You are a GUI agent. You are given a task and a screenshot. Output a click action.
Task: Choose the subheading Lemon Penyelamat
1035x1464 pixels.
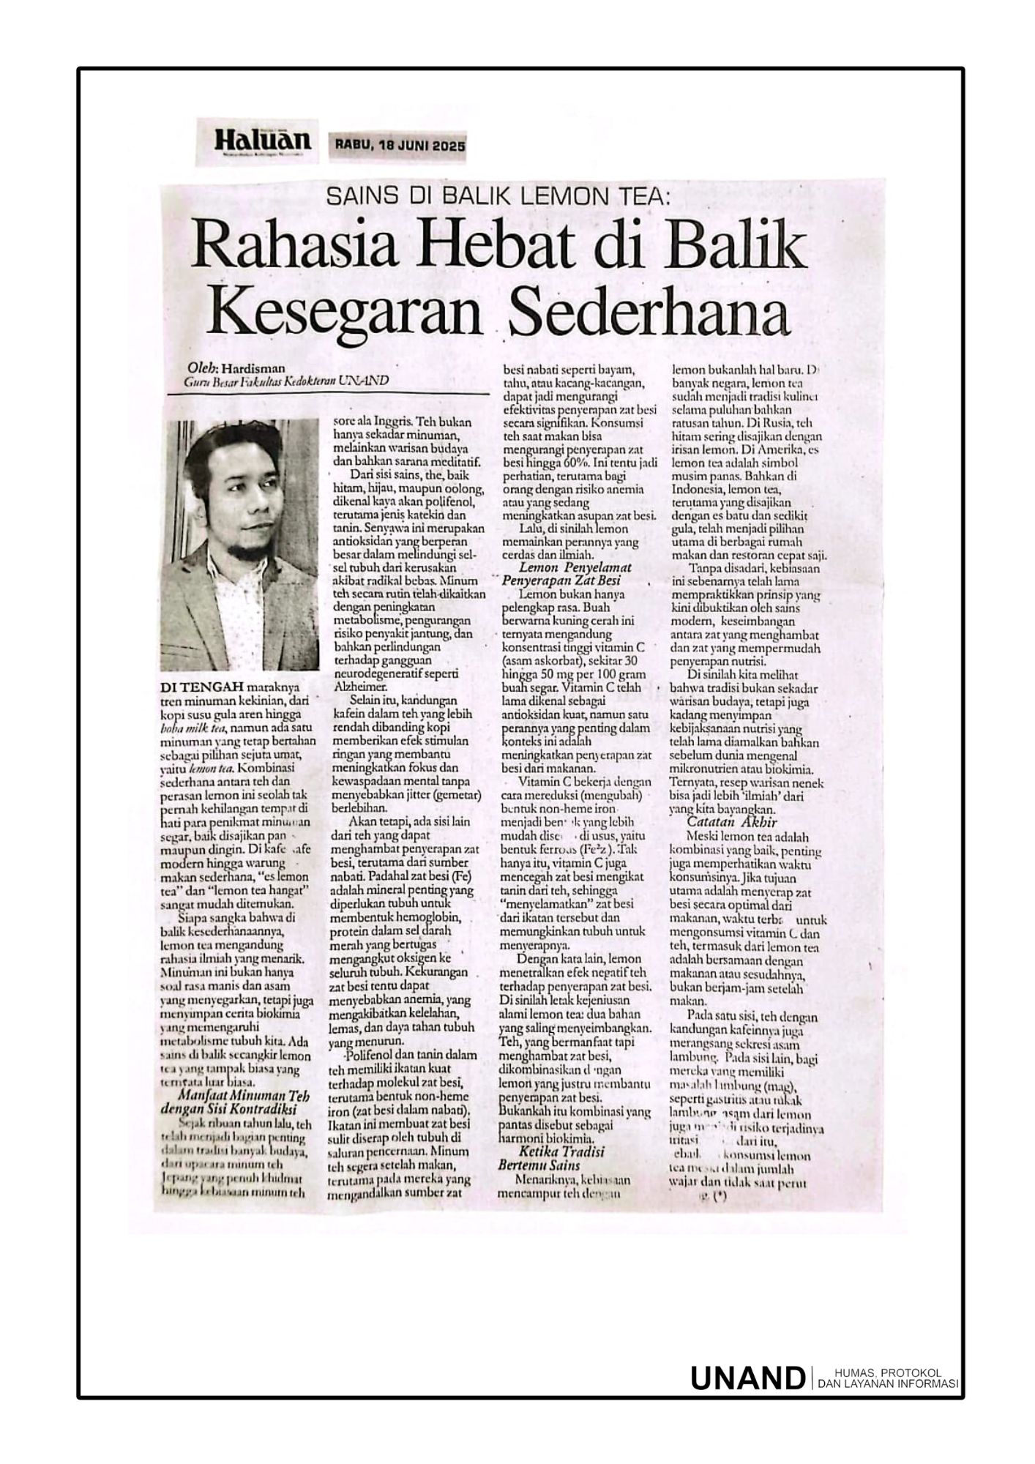(x=575, y=568)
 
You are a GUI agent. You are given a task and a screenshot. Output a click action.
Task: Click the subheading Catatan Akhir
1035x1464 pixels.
(x=722, y=823)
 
